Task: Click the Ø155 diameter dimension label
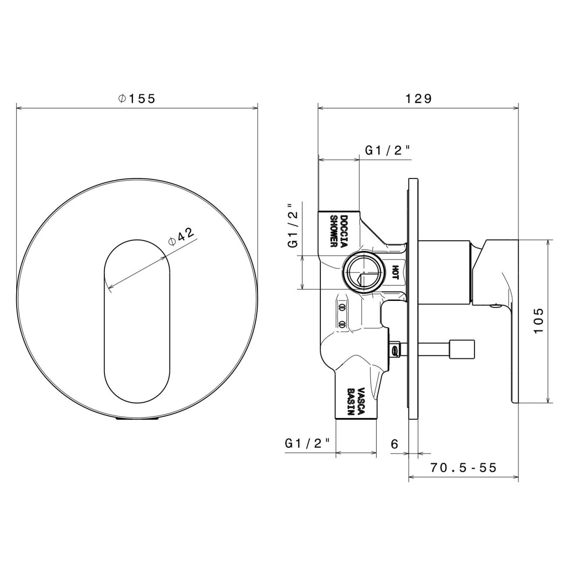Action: pyautogui.click(x=137, y=98)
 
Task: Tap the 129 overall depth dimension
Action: pyautogui.click(x=418, y=98)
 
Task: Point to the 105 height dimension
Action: pyautogui.click(x=538, y=320)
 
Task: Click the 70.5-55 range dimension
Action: pyautogui.click(x=463, y=467)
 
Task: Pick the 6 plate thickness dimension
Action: pyautogui.click(x=394, y=444)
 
